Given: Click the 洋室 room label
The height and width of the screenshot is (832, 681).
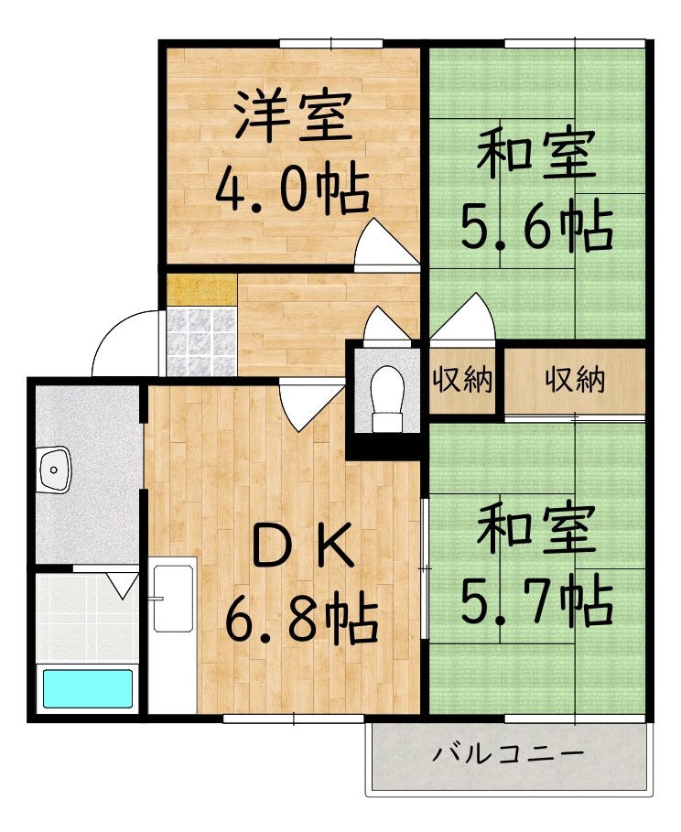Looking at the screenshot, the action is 294,117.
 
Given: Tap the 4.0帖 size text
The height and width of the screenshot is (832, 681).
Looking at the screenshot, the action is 293,189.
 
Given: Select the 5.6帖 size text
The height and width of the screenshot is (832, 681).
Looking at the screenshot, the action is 537,225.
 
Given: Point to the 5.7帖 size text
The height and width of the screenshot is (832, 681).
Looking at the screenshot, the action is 537,600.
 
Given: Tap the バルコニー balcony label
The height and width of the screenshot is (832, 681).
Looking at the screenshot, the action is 508,753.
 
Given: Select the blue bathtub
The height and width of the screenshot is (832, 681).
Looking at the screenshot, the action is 88,688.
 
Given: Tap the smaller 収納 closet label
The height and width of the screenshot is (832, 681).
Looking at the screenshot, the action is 463,379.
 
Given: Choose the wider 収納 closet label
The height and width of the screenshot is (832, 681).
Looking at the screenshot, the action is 576,379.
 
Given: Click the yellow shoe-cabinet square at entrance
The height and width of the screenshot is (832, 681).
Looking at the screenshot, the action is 201,290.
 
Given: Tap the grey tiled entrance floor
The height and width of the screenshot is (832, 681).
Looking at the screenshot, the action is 201,340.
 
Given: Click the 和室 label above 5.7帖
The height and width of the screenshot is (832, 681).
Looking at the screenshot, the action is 536,527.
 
